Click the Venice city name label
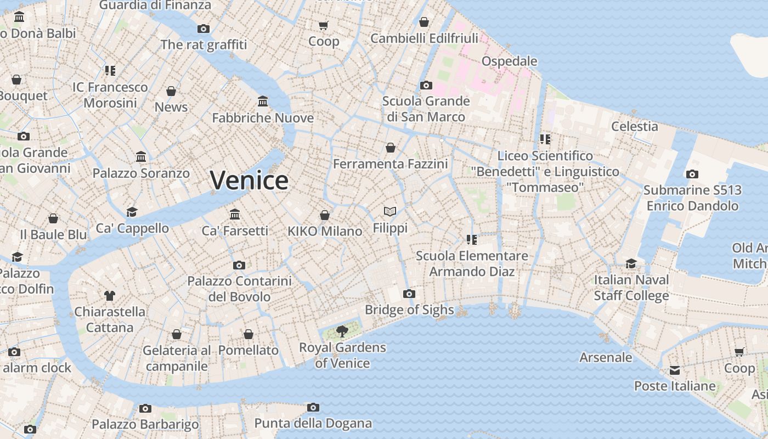pyautogui.click(x=249, y=181)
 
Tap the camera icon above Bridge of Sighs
pyautogui.click(x=409, y=294)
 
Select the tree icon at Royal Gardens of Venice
pyautogui.click(x=342, y=331)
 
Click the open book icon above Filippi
pyautogui.click(x=390, y=211)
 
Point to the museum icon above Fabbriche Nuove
pyautogui.click(x=263, y=102)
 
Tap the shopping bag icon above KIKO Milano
pyautogui.click(x=325, y=215)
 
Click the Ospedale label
pyautogui.click(x=509, y=61)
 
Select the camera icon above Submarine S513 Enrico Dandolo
pyautogui.click(x=692, y=175)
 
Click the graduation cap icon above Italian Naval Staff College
pyautogui.click(x=631, y=263)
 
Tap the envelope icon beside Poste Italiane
pyautogui.click(x=675, y=370)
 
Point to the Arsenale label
pyautogui.click(x=606, y=357)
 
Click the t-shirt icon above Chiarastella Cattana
pyautogui.click(x=110, y=296)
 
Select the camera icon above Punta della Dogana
pyautogui.click(x=313, y=407)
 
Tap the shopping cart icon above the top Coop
pyautogui.click(x=324, y=25)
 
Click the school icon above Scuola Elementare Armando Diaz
pyautogui.click(x=472, y=240)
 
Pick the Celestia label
pyautogui.click(x=635, y=126)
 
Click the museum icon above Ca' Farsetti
pyautogui.click(x=235, y=214)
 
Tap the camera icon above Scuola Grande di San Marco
pyautogui.click(x=426, y=85)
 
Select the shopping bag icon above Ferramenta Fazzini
pyautogui.click(x=391, y=148)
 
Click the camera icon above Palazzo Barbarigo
pyautogui.click(x=145, y=408)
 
